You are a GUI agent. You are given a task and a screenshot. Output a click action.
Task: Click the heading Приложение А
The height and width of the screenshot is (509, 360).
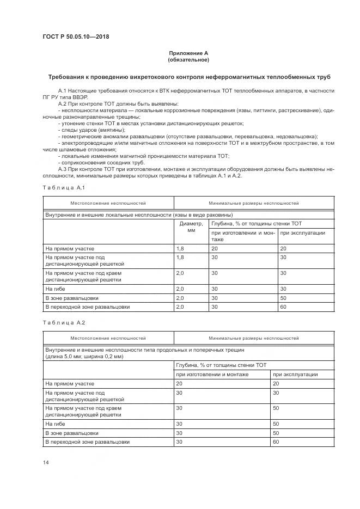point(188,53)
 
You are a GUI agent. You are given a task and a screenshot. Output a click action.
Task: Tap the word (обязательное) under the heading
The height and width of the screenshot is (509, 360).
point(188,60)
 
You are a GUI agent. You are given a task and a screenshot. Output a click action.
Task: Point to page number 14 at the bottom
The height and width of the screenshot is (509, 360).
point(46,462)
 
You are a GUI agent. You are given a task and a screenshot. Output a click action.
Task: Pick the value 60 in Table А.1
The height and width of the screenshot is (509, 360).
point(283,306)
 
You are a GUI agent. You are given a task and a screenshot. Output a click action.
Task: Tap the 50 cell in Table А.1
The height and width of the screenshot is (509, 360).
point(283,298)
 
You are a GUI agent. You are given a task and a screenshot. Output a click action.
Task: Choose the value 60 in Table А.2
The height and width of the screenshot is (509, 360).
point(276,441)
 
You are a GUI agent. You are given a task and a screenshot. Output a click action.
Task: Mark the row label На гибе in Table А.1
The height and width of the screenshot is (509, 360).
point(56,289)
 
